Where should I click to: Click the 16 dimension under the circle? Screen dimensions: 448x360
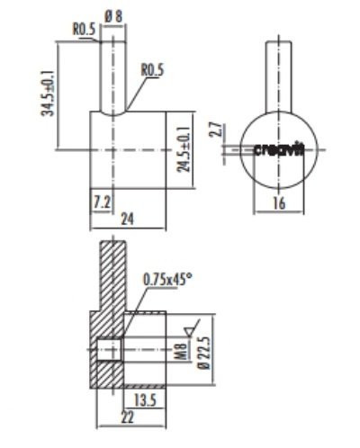(278, 204)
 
